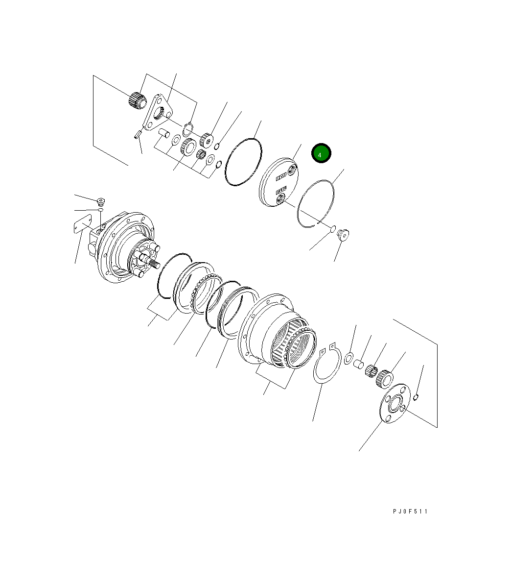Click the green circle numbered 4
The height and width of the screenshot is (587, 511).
click(x=322, y=154)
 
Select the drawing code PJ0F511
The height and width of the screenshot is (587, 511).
click(x=410, y=511)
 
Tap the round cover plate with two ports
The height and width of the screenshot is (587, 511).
click(x=279, y=184)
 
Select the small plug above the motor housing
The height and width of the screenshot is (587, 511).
click(x=101, y=201)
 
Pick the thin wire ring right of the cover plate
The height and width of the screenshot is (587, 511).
click(x=316, y=203)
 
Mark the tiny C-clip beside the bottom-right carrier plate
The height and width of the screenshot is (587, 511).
click(x=416, y=396)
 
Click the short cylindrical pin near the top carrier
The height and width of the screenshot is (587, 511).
click(x=164, y=132)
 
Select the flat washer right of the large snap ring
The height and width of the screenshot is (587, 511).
click(x=349, y=358)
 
